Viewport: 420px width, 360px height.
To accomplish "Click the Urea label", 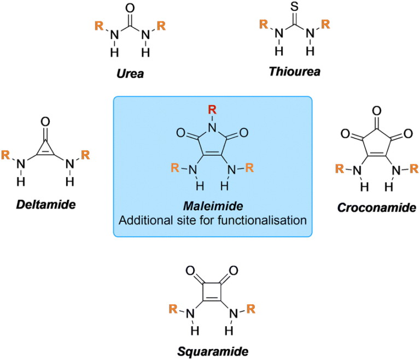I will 130,73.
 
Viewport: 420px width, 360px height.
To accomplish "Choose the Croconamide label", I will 376,208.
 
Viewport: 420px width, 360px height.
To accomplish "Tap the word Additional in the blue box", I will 142,221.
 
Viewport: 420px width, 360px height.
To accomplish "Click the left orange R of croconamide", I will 340,169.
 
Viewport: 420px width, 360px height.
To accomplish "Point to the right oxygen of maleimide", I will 244,132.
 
